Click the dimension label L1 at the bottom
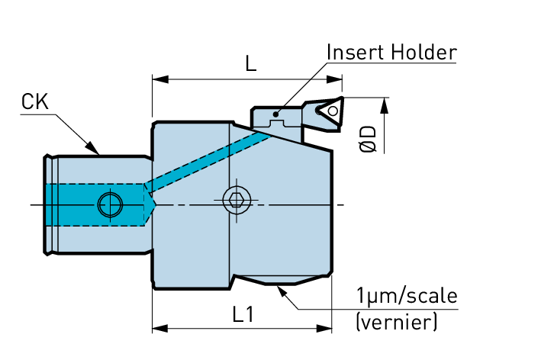click(243, 314)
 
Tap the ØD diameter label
click(369, 139)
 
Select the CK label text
click(35, 101)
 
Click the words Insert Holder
click(391, 52)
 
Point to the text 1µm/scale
click(407, 296)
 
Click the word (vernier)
click(397, 323)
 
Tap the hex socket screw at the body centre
click(236, 201)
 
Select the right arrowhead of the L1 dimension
click(327, 329)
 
